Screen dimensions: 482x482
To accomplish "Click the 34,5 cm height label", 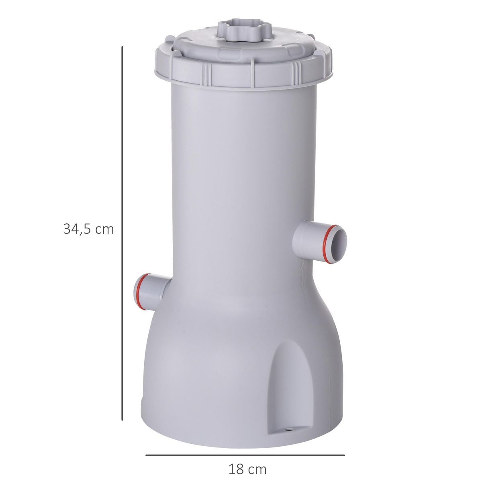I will [x=88, y=229].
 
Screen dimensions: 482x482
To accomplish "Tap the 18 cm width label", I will [x=247, y=469].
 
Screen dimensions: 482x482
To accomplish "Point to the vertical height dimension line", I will [x=122, y=233].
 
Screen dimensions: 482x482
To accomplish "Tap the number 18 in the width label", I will [x=236, y=469].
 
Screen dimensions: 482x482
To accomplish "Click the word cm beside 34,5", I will [x=105, y=229].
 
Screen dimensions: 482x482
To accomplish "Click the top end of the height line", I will [x=122, y=47].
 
